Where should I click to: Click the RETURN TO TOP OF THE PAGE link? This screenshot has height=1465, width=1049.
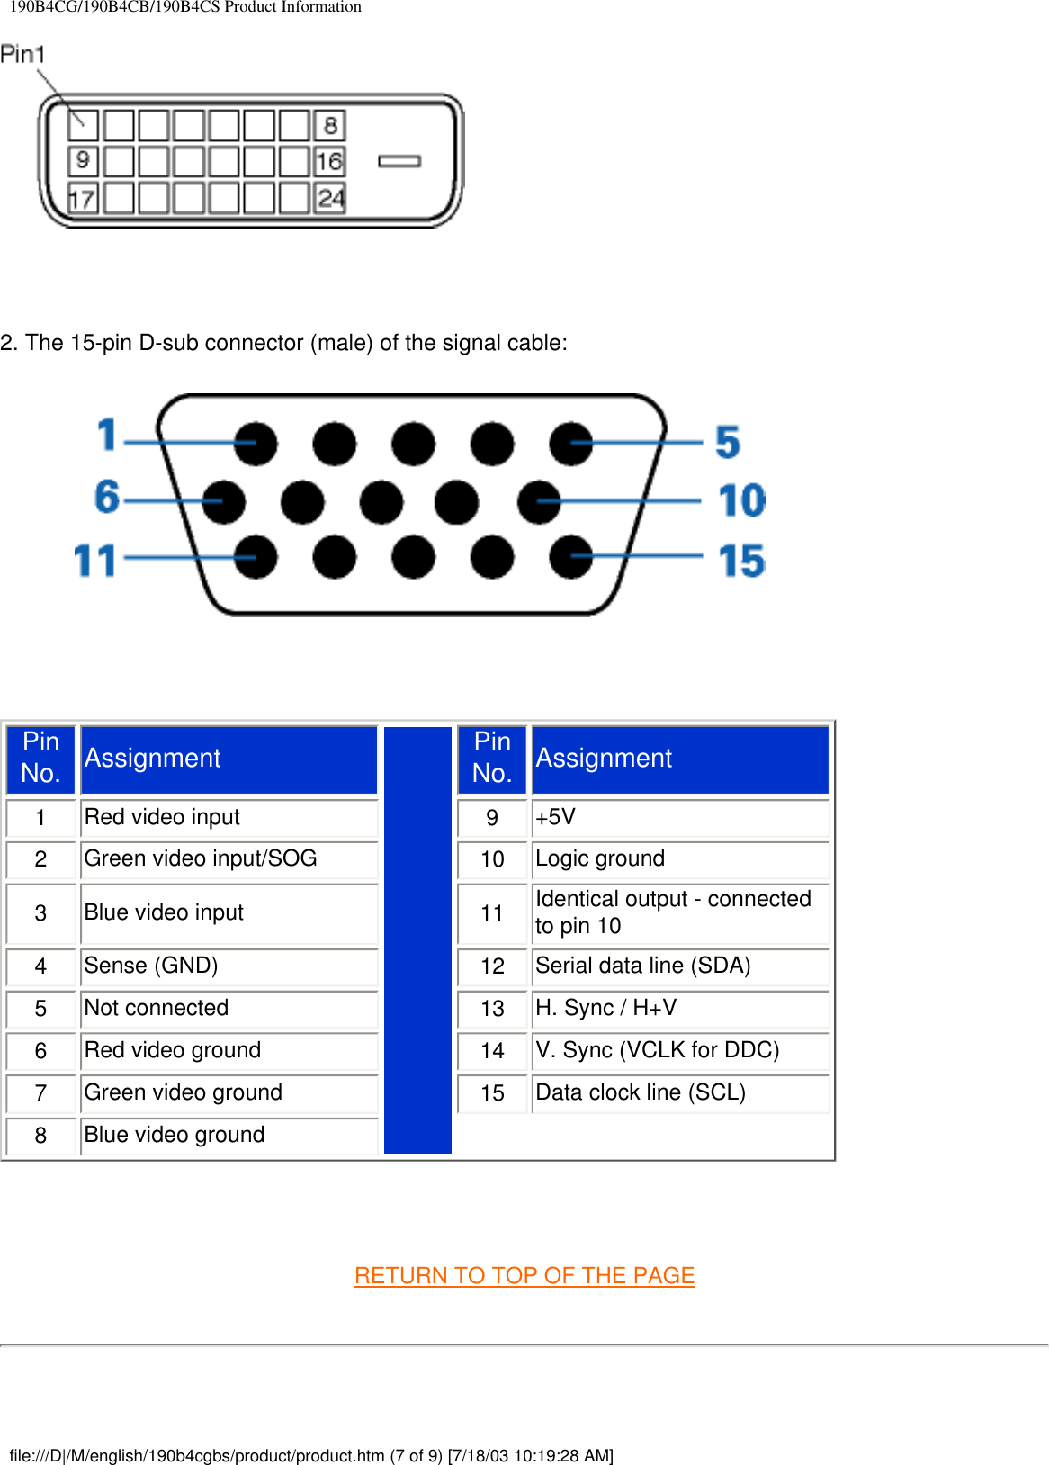tap(524, 1275)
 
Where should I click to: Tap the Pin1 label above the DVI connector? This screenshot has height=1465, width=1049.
tap(22, 55)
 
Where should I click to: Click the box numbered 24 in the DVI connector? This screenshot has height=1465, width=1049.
tap(330, 198)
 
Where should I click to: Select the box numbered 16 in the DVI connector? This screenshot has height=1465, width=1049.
tap(329, 161)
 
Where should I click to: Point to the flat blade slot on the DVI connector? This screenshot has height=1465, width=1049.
tap(399, 161)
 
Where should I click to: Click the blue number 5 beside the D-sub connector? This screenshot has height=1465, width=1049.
tap(728, 442)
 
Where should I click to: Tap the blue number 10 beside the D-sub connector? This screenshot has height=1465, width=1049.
tap(741, 500)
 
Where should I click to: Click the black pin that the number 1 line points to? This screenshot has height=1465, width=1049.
tap(256, 443)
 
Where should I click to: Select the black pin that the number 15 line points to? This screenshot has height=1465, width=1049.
tap(570, 556)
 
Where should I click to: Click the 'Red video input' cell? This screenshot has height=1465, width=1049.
tap(229, 817)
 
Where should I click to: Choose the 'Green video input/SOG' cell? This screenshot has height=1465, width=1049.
tap(229, 858)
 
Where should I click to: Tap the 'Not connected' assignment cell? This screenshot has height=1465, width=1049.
tap(229, 1008)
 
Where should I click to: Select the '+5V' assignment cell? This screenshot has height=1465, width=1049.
tap(679, 817)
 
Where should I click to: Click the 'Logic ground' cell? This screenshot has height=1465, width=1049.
tap(679, 858)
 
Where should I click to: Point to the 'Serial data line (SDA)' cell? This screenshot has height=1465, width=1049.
tap(679, 966)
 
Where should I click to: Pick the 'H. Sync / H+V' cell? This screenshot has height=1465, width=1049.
tap(679, 1008)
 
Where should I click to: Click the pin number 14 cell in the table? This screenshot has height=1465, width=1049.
tap(492, 1051)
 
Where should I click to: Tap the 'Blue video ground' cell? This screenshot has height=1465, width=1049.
tap(229, 1135)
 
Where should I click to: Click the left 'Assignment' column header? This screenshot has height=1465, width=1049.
tap(229, 759)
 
